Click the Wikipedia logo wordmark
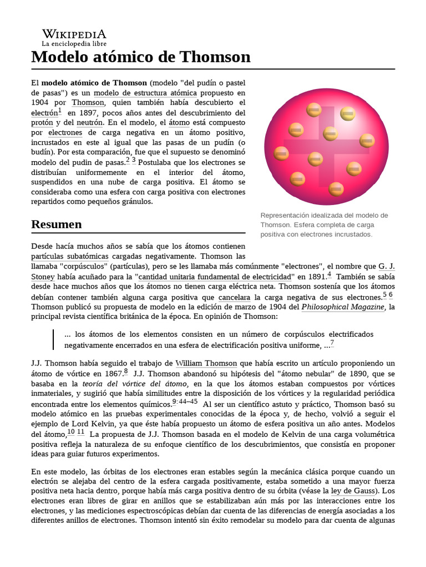click(x=74, y=34)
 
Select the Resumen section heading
click(x=57, y=224)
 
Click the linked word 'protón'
click(x=43, y=122)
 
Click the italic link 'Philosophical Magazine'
click(x=343, y=307)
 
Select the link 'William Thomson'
click(x=206, y=363)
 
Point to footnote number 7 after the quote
click(x=332, y=343)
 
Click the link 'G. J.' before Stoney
click(x=386, y=266)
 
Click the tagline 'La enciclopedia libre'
click(x=74, y=44)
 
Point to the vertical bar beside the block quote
click(x=54, y=339)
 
